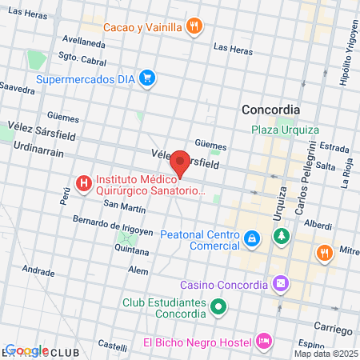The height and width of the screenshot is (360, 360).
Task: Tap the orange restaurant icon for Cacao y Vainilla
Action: (194, 26)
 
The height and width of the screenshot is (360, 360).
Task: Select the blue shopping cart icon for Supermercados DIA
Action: (146, 78)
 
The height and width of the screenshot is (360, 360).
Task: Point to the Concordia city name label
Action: (271, 110)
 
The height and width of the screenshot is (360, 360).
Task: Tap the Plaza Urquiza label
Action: (285, 130)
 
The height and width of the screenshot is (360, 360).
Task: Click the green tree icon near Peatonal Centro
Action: (281, 236)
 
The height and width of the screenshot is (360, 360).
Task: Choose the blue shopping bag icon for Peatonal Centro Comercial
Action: (252, 238)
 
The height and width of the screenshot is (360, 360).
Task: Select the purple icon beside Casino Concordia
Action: (281, 283)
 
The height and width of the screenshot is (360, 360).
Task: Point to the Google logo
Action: (27, 350)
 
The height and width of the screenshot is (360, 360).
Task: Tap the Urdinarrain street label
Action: (38, 150)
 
